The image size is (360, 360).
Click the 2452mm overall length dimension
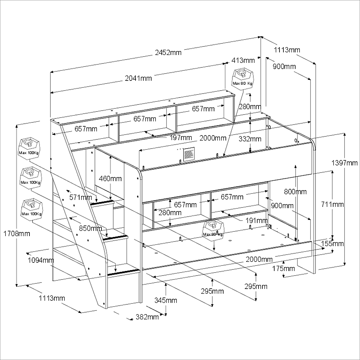tap(168, 52)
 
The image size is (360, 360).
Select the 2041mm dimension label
tap(138, 78)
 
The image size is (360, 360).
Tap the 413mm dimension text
tap(243, 60)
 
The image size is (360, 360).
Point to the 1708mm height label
tap(16, 234)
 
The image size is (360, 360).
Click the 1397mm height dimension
tap(345, 163)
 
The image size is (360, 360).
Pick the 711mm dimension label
tap(333, 205)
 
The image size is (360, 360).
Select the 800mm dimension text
tap(295, 191)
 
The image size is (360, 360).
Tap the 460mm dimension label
tap(110, 179)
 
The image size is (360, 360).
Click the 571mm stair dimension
tap(81, 197)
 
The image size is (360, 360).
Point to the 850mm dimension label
tap(90, 228)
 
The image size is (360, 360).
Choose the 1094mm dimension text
tap(41, 260)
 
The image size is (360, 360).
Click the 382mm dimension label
tap(147, 317)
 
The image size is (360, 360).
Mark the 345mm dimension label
tap(166, 300)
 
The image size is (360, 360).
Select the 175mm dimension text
tap(283, 269)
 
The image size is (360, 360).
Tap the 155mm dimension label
tap(333, 243)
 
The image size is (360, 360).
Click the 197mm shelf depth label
tap(181, 138)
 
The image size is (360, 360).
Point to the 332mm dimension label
tap(250, 139)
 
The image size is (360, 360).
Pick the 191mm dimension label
tap(257, 221)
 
